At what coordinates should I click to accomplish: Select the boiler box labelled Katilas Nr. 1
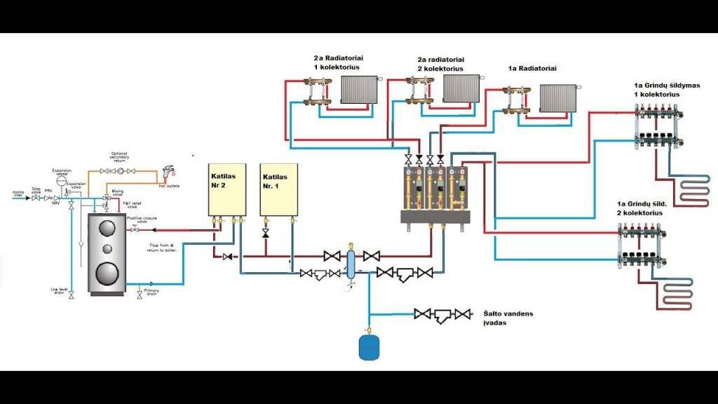tap(278, 189)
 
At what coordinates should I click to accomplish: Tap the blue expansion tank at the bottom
tap(369, 347)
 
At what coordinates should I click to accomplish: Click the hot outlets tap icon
tap(168, 172)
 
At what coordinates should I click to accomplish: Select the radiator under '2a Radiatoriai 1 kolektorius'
tap(359, 90)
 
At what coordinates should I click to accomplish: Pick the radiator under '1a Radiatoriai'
tap(558, 99)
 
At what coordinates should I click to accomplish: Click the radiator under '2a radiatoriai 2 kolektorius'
tap(461, 89)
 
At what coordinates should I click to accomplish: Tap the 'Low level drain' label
tap(58, 290)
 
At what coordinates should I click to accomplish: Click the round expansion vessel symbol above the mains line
tap(62, 180)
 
